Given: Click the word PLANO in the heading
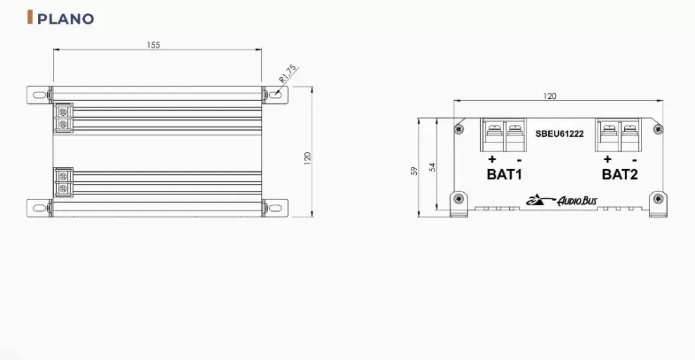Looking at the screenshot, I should [x=65, y=19].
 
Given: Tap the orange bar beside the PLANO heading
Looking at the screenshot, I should [x=29, y=18].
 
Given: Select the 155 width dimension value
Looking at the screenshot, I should [x=153, y=45].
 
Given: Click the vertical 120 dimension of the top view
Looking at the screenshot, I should [x=307, y=159].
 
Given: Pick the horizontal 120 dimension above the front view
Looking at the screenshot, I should [x=550, y=95].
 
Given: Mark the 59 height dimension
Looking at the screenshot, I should [x=414, y=170].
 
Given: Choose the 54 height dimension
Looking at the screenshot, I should [x=432, y=166].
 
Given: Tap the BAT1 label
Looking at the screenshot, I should [x=504, y=174].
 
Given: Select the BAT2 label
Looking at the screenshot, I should [x=620, y=174].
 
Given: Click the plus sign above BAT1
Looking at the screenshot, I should [x=491, y=158].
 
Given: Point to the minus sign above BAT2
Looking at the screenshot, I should [x=634, y=159].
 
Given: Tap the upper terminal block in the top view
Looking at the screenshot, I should [x=64, y=117].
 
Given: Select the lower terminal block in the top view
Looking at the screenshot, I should [x=64, y=182].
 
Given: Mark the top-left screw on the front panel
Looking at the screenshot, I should [x=458, y=128].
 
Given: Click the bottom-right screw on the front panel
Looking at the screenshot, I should [x=658, y=199].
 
